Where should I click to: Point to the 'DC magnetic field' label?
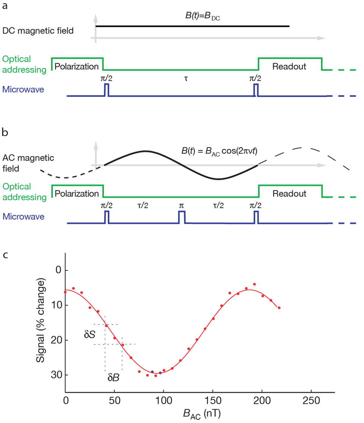point(39,31)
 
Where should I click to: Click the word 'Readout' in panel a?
point(289,66)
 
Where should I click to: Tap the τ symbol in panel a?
point(185,80)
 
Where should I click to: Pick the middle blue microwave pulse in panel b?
point(182,217)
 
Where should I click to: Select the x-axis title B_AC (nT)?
point(199,415)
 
